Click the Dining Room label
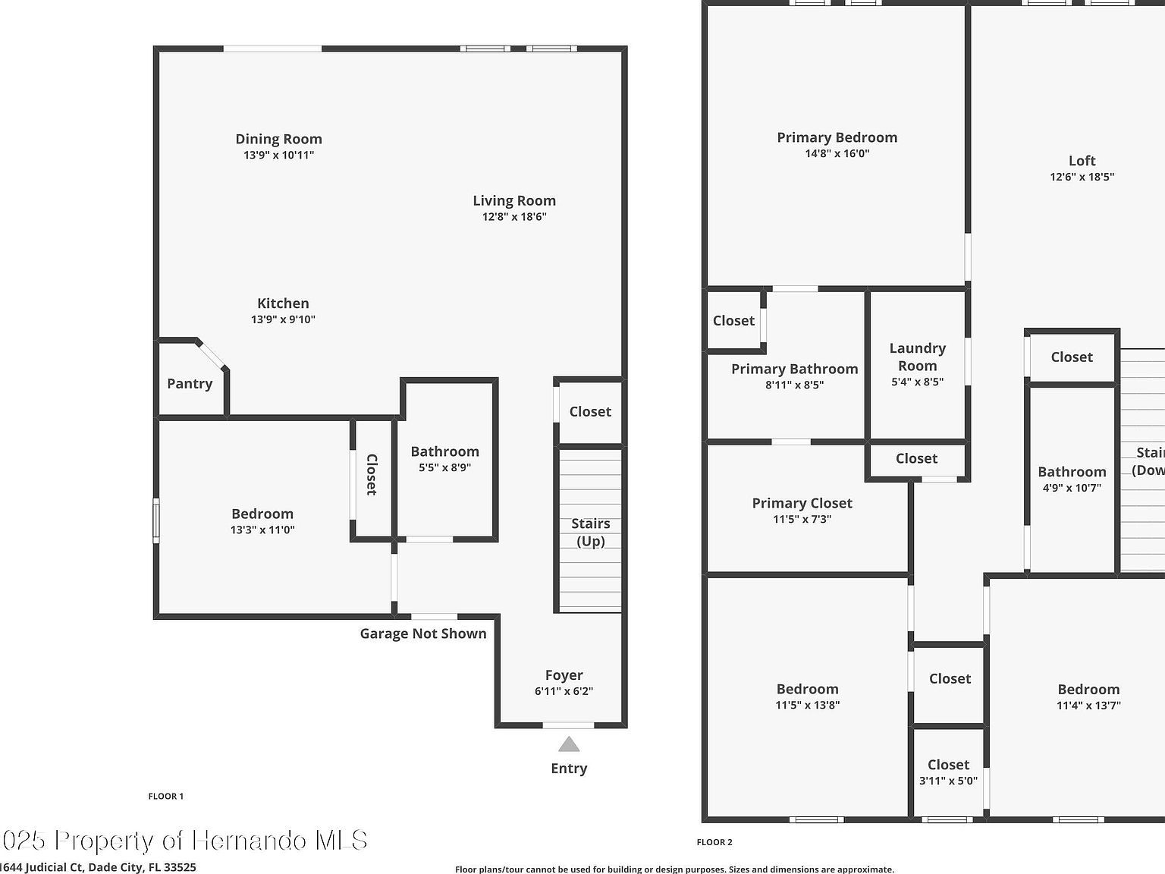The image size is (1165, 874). (278, 139)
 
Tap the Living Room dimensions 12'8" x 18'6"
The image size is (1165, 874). (514, 217)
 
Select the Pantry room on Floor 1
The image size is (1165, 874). (190, 384)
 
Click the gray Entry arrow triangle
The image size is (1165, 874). (569, 744)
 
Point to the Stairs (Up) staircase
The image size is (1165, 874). (590, 531)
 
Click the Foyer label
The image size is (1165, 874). (564, 675)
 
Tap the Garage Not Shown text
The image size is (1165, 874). (422, 633)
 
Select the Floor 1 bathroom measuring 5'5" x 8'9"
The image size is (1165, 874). (445, 459)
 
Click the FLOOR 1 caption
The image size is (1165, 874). (165, 797)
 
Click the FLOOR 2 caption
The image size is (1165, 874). (714, 842)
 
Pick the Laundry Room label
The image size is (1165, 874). (917, 357)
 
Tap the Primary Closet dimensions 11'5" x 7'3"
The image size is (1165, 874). (802, 520)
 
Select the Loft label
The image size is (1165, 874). (1082, 161)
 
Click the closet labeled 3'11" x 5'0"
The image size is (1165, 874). (948, 772)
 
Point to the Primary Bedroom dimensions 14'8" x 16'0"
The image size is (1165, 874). (837, 154)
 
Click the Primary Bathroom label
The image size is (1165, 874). (794, 369)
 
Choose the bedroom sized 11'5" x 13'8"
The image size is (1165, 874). (807, 696)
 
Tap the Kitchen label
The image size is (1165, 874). (283, 303)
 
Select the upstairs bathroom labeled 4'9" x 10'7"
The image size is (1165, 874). (1072, 479)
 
